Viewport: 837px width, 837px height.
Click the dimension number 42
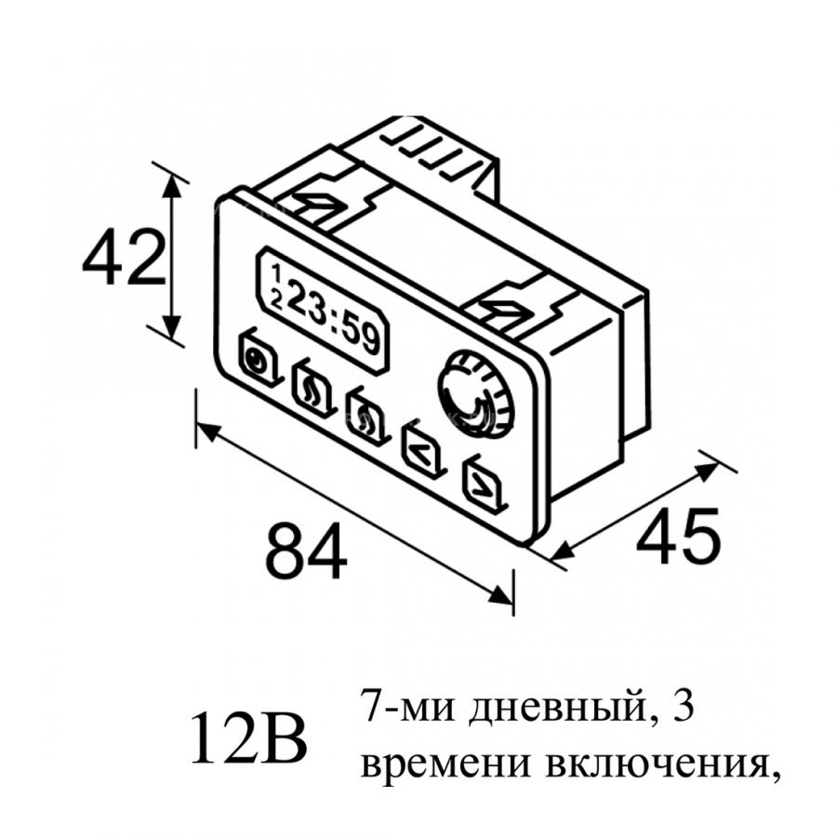124,258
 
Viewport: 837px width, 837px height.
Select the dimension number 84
306,551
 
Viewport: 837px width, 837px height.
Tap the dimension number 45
678,536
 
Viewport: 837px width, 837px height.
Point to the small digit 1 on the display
276,273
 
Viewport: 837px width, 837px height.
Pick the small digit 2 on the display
276,300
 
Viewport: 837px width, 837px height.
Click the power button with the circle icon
259,358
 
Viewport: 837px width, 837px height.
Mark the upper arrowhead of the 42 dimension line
171,184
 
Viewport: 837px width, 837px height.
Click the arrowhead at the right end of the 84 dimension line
501,595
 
